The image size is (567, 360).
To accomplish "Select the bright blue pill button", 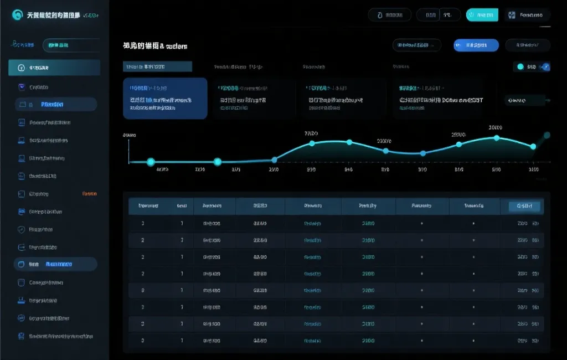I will coord(476,45).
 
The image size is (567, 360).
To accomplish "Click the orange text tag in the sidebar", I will coord(89,194).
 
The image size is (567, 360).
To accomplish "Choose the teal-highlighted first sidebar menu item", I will coord(54,68).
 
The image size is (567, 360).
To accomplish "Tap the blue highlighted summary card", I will coord(165,98).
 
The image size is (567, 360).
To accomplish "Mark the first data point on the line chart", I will coord(150,162).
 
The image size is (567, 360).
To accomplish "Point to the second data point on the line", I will coord(218,162).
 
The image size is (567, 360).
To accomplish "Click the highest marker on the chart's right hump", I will coord(497,137).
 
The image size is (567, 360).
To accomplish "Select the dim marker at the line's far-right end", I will coord(547,135).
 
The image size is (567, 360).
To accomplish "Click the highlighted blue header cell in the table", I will coord(523,207).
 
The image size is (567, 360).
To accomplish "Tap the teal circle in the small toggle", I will coord(520,67).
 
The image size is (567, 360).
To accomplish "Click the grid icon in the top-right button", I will coord(512,16).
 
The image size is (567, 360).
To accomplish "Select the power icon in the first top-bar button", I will coord(379,16).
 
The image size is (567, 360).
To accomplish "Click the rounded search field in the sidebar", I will coord(71,45).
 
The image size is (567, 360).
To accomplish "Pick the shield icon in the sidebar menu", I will coord(22,229).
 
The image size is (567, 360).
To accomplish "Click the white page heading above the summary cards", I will coord(155,46).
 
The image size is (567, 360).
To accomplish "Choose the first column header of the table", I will coord(148,206).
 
